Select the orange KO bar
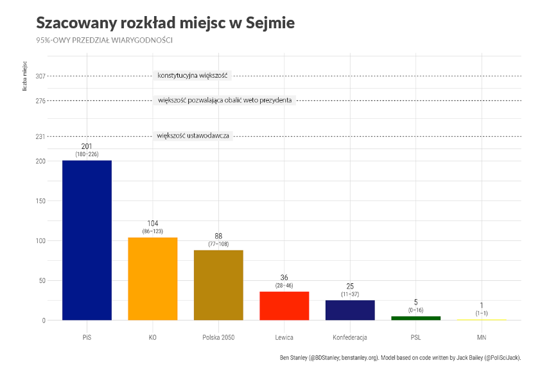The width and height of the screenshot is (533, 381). tap(153, 278)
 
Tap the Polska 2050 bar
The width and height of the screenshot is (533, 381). tap(218, 285)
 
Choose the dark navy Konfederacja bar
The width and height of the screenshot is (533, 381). tap(350, 310)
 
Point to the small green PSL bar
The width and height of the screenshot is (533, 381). tap(415, 318)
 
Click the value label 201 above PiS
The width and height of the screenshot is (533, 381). tap(87, 146)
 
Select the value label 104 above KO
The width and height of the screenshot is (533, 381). tap(153, 224)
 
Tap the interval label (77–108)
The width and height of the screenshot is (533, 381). tap(218, 244)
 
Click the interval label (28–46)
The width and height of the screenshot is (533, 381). tap(284, 285)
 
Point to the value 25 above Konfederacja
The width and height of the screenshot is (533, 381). tap(350, 286)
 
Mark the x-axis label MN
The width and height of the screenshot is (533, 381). tap(482, 337)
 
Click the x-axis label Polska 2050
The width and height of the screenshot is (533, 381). tap(218, 337)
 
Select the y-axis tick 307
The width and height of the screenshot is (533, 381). tap(40, 76)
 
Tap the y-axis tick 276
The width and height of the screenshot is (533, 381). tap(40, 100)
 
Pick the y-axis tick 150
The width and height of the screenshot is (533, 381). tap(40, 201)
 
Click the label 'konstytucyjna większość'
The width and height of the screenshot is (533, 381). tap(193, 76)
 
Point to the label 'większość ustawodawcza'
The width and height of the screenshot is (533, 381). tap(193, 136)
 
